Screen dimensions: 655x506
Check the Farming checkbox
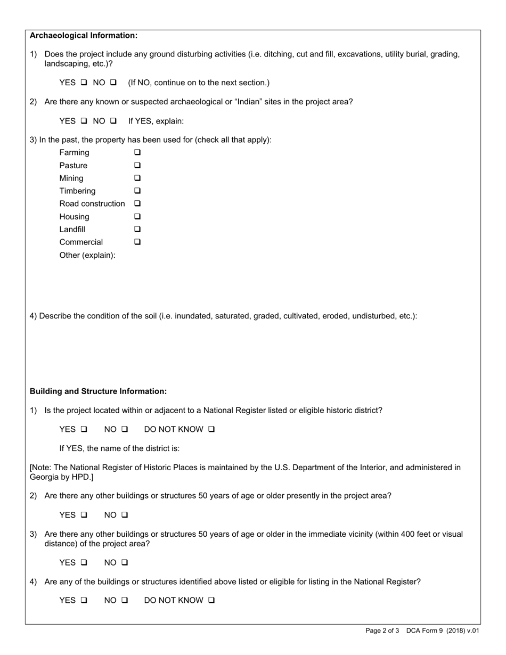pyautogui.click(x=137, y=153)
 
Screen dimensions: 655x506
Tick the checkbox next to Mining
pyautogui.click(x=137, y=178)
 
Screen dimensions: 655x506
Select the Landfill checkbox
pyautogui.click(x=137, y=230)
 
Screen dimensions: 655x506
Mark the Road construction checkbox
pyautogui.click(x=137, y=204)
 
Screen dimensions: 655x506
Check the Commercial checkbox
pyautogui.click(x=137, y=242)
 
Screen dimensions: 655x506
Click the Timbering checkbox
pyautogui.click(x=137, y=191)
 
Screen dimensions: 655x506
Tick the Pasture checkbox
pyautogui.click(x=137, y=166)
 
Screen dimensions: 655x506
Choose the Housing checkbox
pyautogui.click(x=137, y=217)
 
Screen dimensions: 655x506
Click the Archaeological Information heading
pyautogui.click(x=84, y=36)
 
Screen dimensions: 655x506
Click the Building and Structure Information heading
pyautogui.click(x=98, y=391)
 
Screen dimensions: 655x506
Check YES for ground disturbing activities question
pyautogui.click(x=84, y=83)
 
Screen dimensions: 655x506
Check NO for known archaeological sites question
pyautogui.click(x=113, y=121)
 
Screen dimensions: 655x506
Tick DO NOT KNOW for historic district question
pyautogui.click(x=211, y=430)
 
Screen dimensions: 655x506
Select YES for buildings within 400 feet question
pyautogui.click(x=84, y=563)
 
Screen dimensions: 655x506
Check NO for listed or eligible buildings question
pyautogui.click(x=125, y=601)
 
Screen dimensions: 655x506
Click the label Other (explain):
pyautogui.click(x=87, y=255)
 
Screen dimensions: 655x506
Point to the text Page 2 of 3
pyautogui.click(x=382, y=631)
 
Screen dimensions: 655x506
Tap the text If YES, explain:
pyautogui.click(x=156, y=121)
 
